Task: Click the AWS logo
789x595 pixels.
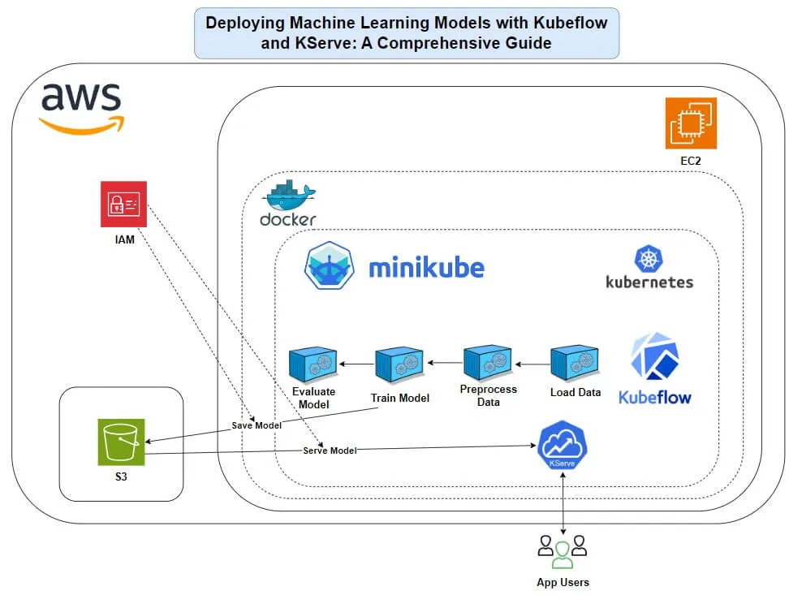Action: (82, 106)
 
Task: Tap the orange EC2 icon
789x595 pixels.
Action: (691, 123)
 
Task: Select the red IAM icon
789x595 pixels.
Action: (123, 204)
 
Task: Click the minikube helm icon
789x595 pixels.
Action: (330, 265)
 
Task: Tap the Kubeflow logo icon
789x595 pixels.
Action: (654, 357)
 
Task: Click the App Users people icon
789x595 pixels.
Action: (563, 551)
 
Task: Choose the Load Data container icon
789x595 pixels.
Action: (576, 364)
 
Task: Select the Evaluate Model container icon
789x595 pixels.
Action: (314, 365)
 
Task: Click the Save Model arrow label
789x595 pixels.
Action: (257, 425)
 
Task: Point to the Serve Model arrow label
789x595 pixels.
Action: (330, 450)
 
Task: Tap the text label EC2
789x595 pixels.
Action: (691, 162)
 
